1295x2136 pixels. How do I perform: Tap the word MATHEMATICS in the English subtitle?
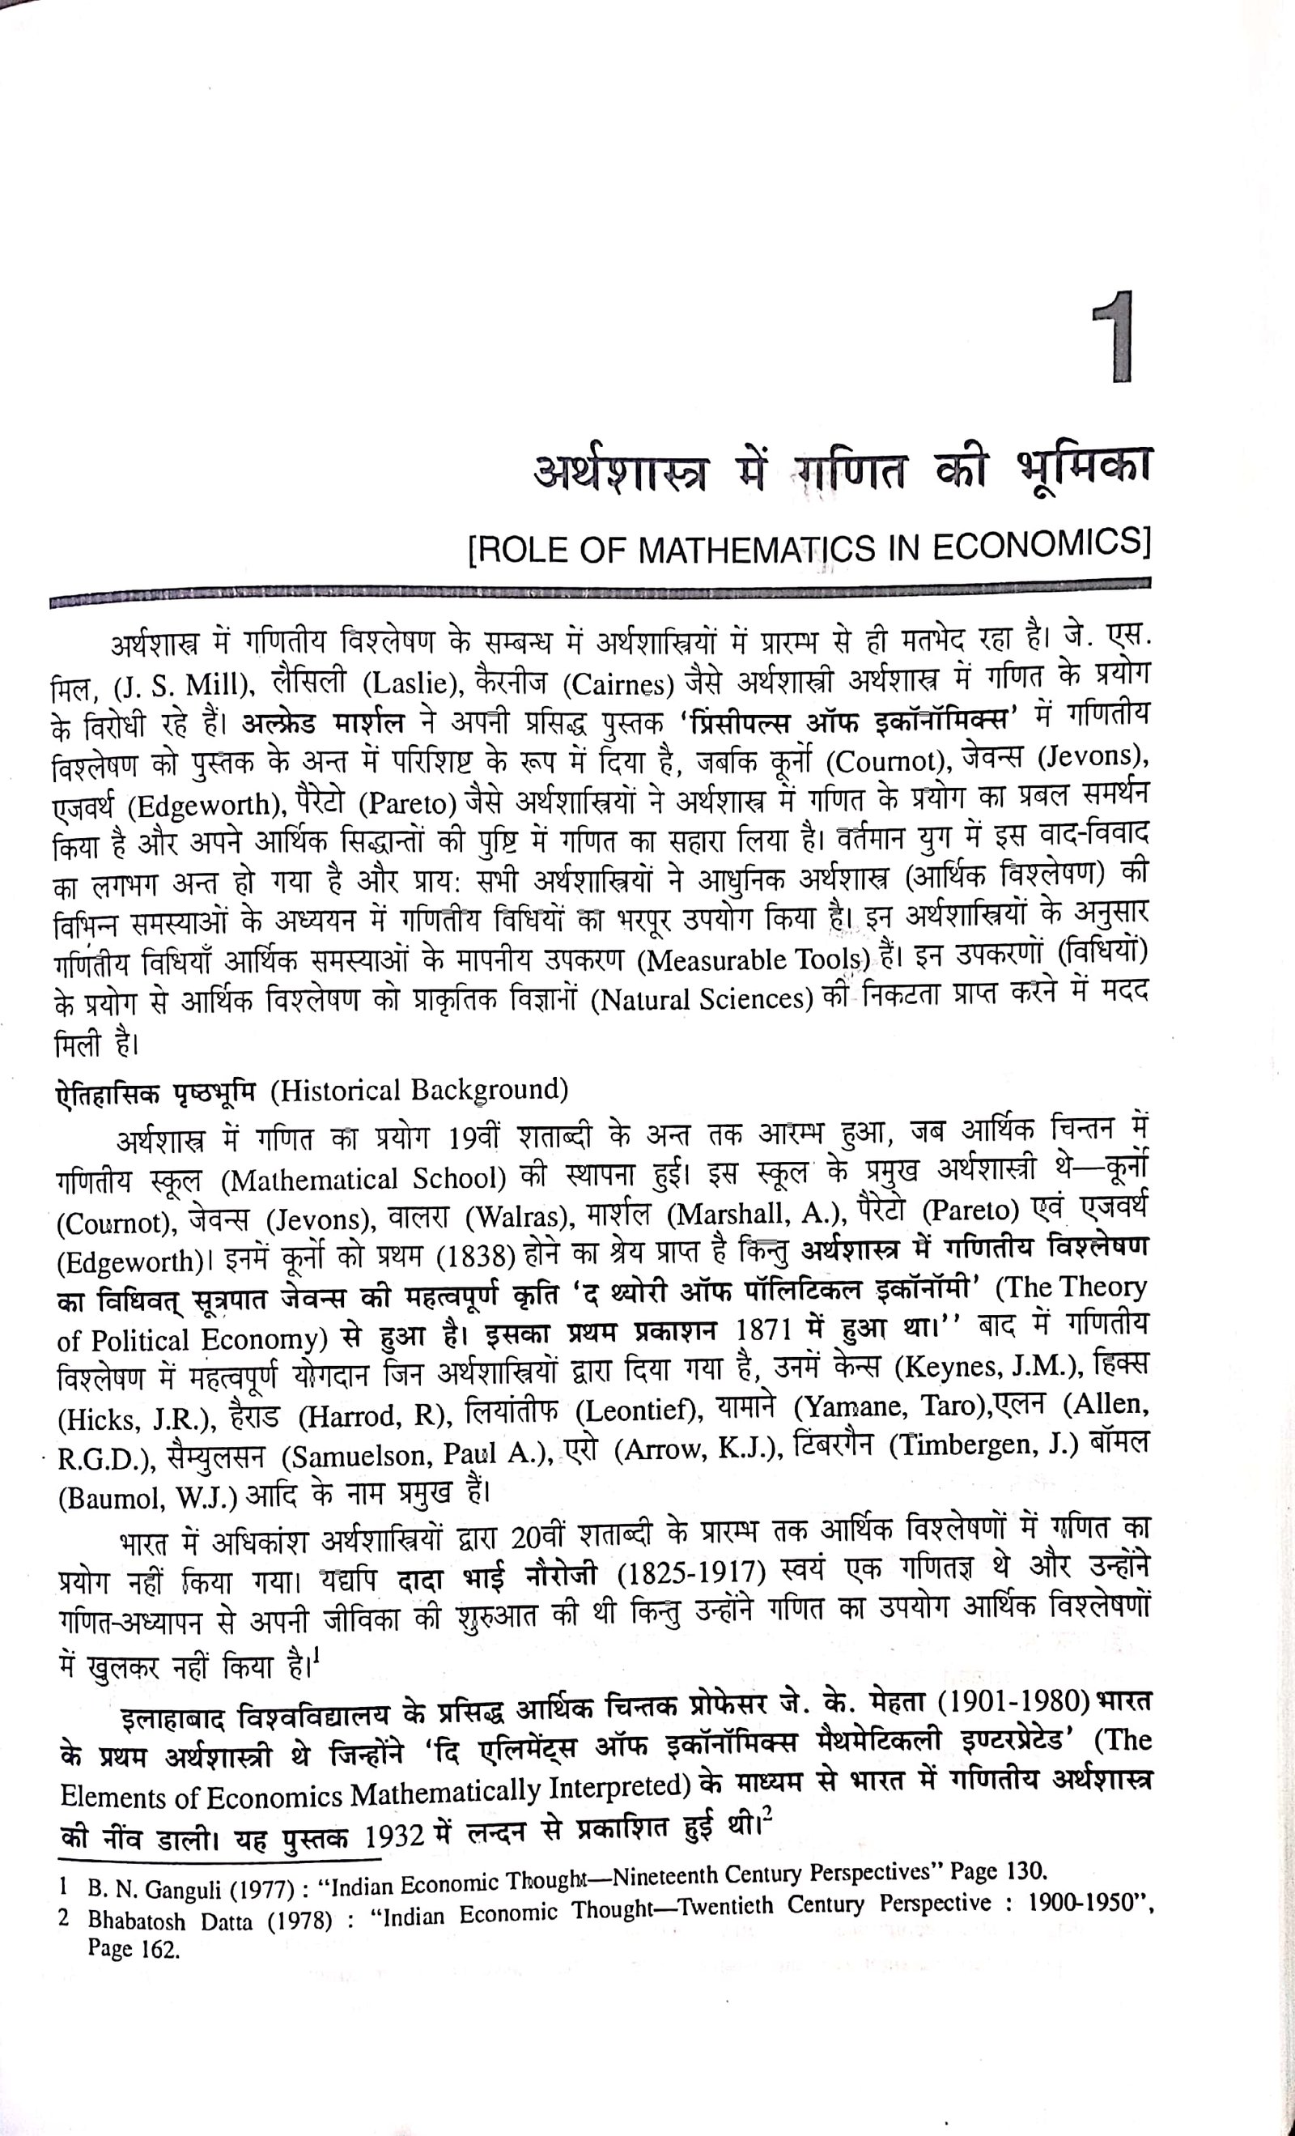[756, 551]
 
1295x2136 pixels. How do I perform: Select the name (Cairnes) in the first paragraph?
[618, 685]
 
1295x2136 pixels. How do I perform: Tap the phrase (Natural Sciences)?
[700, 999]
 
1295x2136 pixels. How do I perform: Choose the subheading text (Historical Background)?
[419, 1090]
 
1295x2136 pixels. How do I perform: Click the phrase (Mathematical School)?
[364, 1180]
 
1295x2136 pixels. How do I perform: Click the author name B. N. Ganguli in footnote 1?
[146, 1889]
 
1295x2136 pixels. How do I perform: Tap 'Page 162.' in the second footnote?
[134, 1949]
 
